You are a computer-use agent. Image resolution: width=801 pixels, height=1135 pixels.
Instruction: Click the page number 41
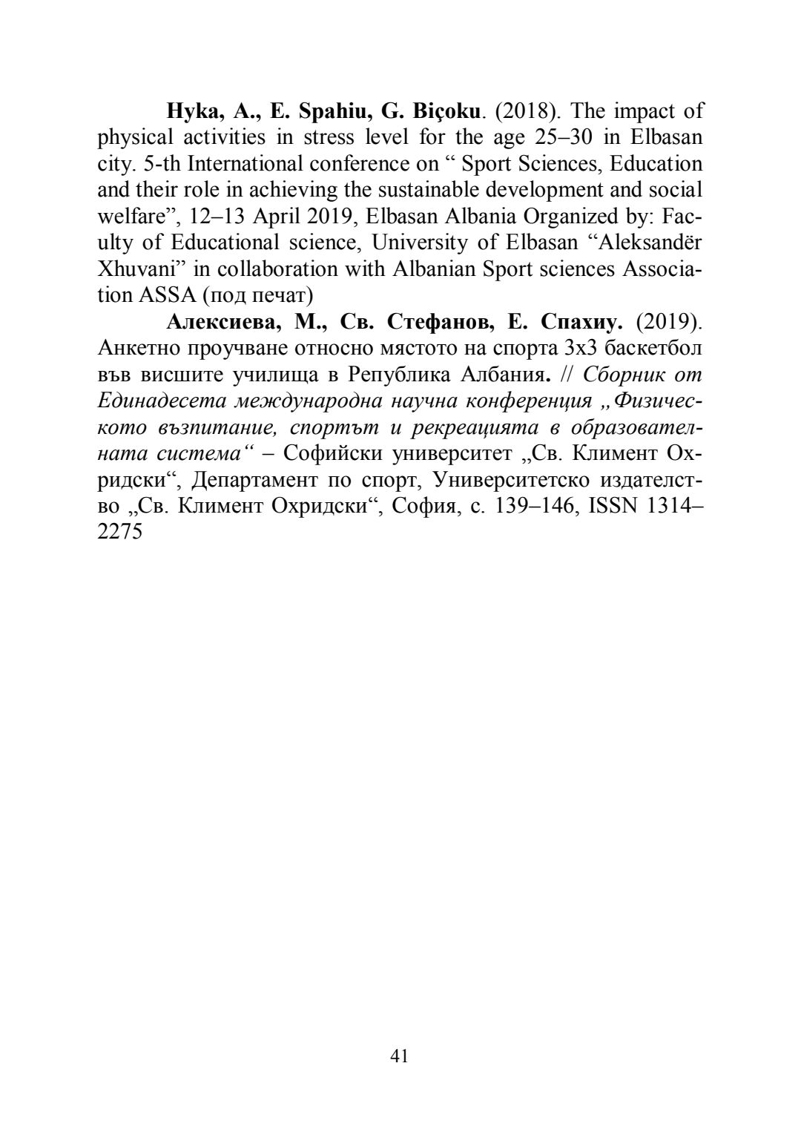[399, 1056]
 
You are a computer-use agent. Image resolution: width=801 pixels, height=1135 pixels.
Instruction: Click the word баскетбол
[658, 348]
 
